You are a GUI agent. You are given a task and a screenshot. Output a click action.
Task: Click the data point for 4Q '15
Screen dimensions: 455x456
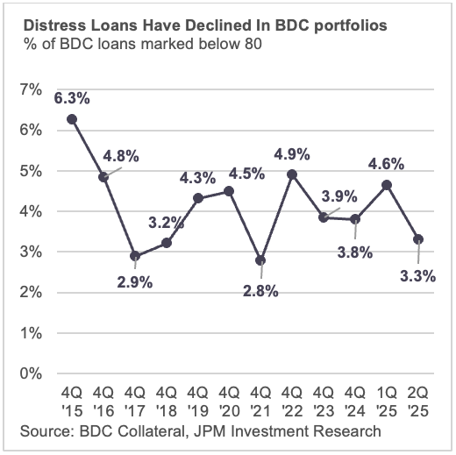click(x=71, y=119)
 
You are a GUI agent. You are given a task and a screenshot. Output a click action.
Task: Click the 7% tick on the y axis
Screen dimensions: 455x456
click(x=30, y=90)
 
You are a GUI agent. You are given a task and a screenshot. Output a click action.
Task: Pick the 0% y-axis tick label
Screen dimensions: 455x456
click(x=30, y=374)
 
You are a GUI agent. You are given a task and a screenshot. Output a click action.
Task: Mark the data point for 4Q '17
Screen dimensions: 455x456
click(x=134, y=256)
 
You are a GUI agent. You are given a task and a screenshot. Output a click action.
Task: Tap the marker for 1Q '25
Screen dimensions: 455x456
click(x=387, y=185)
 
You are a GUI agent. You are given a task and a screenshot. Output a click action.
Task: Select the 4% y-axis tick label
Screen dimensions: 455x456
click(x=30, y=212)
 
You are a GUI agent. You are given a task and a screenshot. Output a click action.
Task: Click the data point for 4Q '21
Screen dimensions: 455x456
click(x=260, y=260)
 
